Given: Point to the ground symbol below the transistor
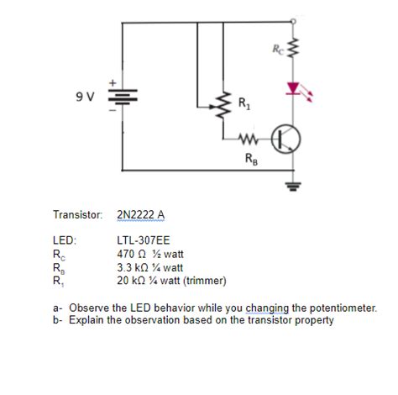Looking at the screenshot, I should click(x=294, y=186).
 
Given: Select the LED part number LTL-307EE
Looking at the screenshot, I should click(x=143, y=240).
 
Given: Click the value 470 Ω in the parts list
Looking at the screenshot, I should click(x=130, y=253).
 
